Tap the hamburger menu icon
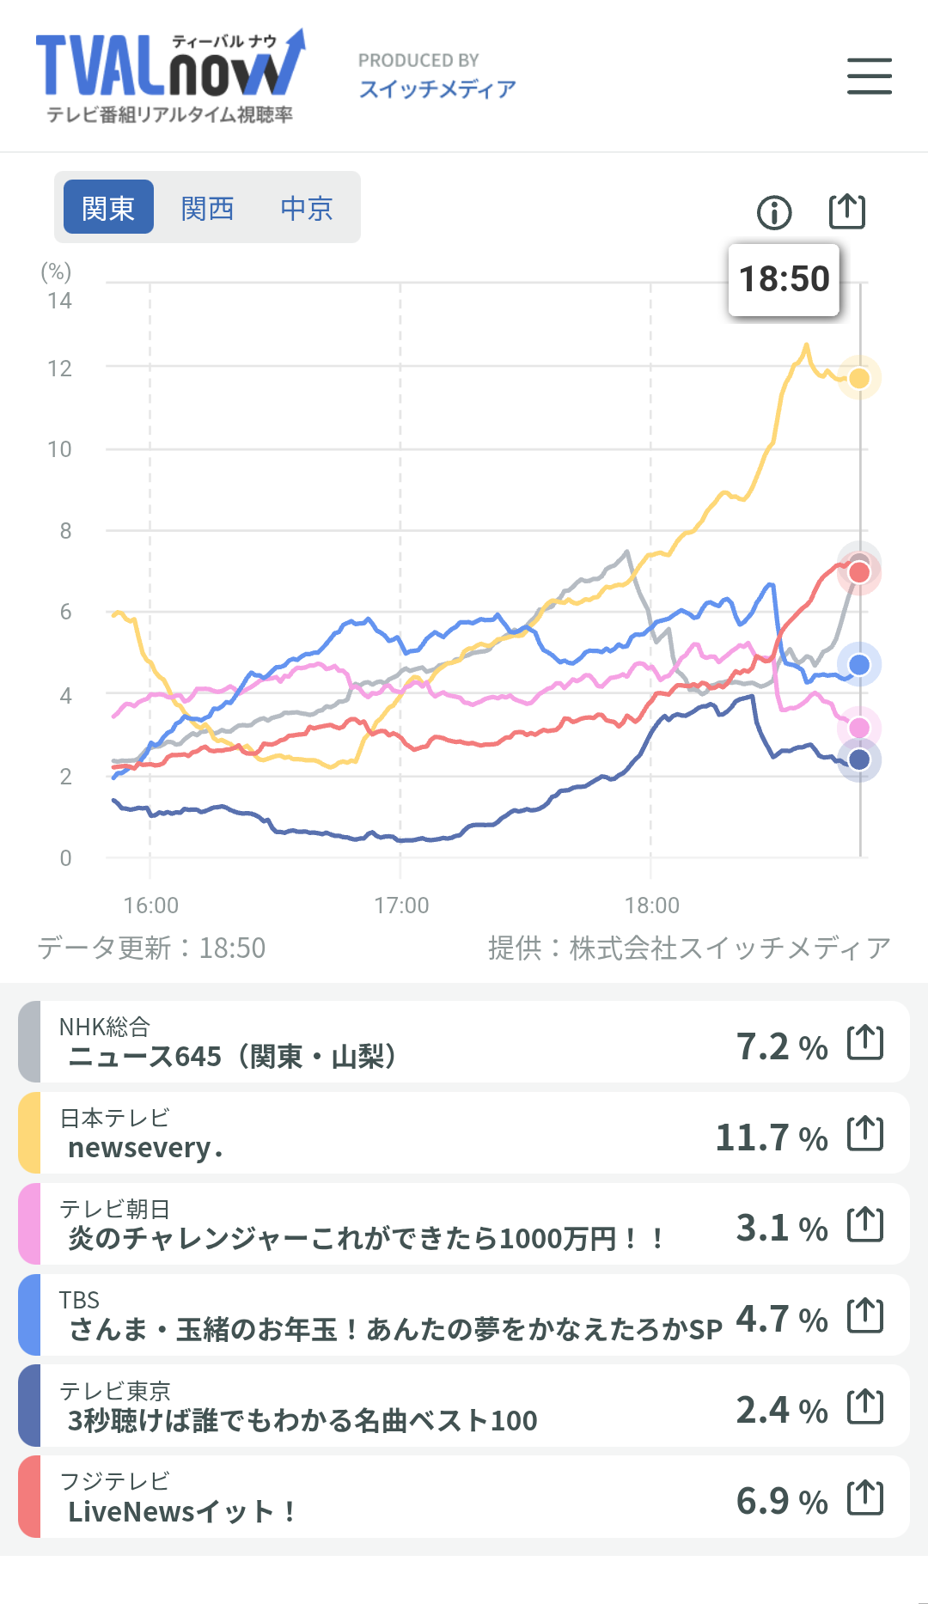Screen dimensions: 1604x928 click(869, 76)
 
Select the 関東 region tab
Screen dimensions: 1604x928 click(109, 207)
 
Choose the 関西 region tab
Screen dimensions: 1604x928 click(208, 207)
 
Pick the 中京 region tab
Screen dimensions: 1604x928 click(307, 207)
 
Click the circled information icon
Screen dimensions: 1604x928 click(774, 212)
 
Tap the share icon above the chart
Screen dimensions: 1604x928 click(846, 211)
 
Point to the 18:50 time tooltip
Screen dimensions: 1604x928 click(784, 279)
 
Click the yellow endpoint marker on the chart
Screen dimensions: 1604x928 click(859, 378)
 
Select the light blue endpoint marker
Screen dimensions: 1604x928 click(859, 665)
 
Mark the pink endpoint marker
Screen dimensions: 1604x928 click(859, 729)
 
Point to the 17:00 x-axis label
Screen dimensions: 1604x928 click(401, 906)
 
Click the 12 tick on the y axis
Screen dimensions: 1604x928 click(60, 369)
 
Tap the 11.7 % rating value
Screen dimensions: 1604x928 click(771, 1137)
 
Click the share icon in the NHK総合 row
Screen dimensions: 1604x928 click(865, 1043)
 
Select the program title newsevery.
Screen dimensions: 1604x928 click(145, 1148)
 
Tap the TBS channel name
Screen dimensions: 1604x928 click(79, 1300)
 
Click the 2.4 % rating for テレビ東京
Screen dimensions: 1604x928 click(781, 1410)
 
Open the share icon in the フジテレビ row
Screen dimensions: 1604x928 click(865, 1498)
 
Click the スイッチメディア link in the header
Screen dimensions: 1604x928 click(437, 88)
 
